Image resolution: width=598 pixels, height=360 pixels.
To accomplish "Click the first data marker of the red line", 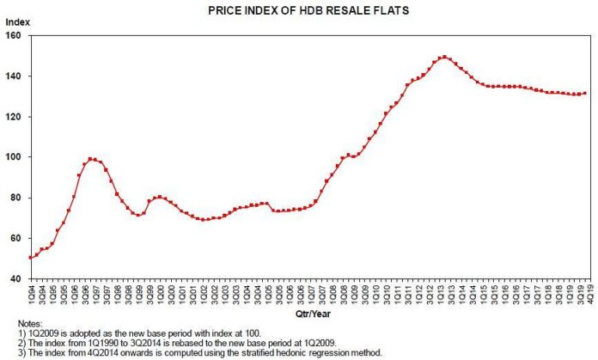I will click(x=31, y=258).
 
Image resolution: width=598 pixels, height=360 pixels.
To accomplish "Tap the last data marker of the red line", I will click(x=585, y=94).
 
